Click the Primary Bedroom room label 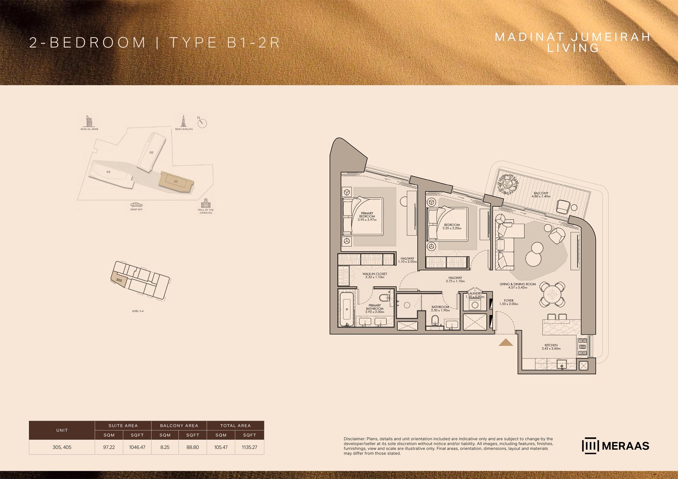pyautogui.click(x=367, y=216)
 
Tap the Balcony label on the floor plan pyautogui.click(x=541, y=195)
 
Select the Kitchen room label pyautogui.click(x=551, y=347)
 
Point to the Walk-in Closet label pyautogui.click(x=375, y=275)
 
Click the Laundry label pyautogui.click(x=475, y=295)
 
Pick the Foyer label pyautogui.click(x=509, y=302)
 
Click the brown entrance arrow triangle pyautogui.click(x=506, y=342)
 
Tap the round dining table pyautogui.click(x=552, y=294)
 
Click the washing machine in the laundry pyautogui.click(x=475, y=305)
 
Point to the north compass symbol pyautogui.click(x=202, y=123)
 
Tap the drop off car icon pyautogui.click(x=136, y=205)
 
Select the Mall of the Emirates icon pyautogui.click(x=206, y=204)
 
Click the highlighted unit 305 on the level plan pyautogui.click(x=119, y=280)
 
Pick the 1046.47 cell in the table pyautogui.click(x=137, y=447)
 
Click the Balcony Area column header pyautogui.click(x=179, y=425)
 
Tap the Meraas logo pyautogui.click(x=615, y=446)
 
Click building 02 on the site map pyautogui.click(x=151, y=152)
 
